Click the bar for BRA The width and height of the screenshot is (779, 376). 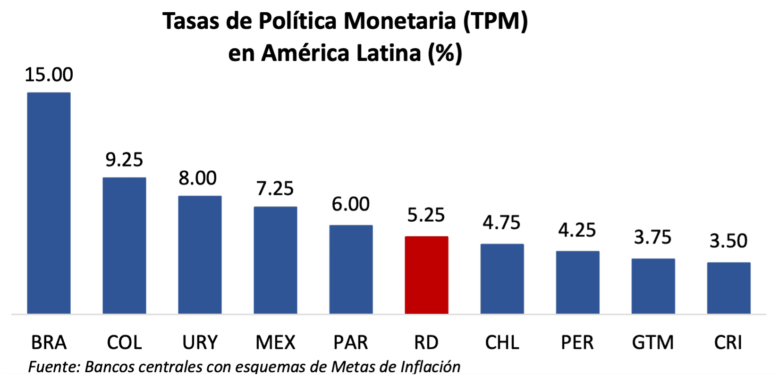(x=49, y=203)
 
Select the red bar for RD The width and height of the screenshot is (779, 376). (x=426, y=275)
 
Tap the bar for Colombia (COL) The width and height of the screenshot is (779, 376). (x=124, y=245)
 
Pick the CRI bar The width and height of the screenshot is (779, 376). (x=728, y=288)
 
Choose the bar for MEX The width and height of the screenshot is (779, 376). (x=275, y=260)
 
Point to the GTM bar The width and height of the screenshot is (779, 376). (x=653, y=286)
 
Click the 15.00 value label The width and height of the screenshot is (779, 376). (x=49, y=75)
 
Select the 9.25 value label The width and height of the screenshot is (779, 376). (x=124, y=160)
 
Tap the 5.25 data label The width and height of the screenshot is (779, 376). (x=426, y=215)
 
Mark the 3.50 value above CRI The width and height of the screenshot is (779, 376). (x=728, y=241)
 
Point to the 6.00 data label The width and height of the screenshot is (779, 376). (x=351, y=204)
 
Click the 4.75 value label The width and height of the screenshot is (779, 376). (x=501, y=223)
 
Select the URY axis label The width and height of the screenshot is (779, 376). (x=200, y=343)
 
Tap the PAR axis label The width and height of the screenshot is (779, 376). (x=351, y=343)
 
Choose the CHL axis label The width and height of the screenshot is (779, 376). (x=502, y=343)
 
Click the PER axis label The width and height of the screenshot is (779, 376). (x=577, y=343)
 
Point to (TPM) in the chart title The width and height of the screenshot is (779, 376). (x=495, y=21)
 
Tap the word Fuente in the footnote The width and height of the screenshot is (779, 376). (x=53, y=367)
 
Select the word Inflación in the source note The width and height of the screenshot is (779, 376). (x=430, y=367)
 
